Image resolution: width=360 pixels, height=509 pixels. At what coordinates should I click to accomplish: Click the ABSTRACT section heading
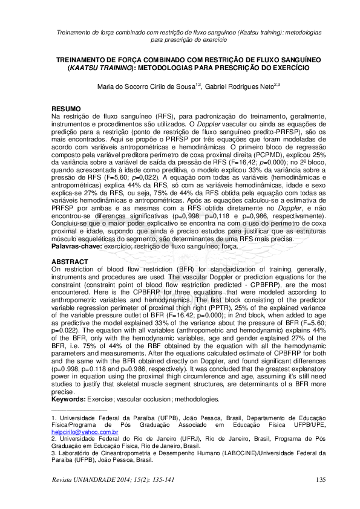pos(70,262)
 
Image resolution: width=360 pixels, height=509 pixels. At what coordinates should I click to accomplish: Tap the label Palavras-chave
pos(77,248)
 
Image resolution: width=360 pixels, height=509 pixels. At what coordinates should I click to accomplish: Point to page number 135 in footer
pos(321,480)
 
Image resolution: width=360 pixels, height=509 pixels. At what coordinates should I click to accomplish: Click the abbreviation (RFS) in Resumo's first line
pos(151,115)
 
